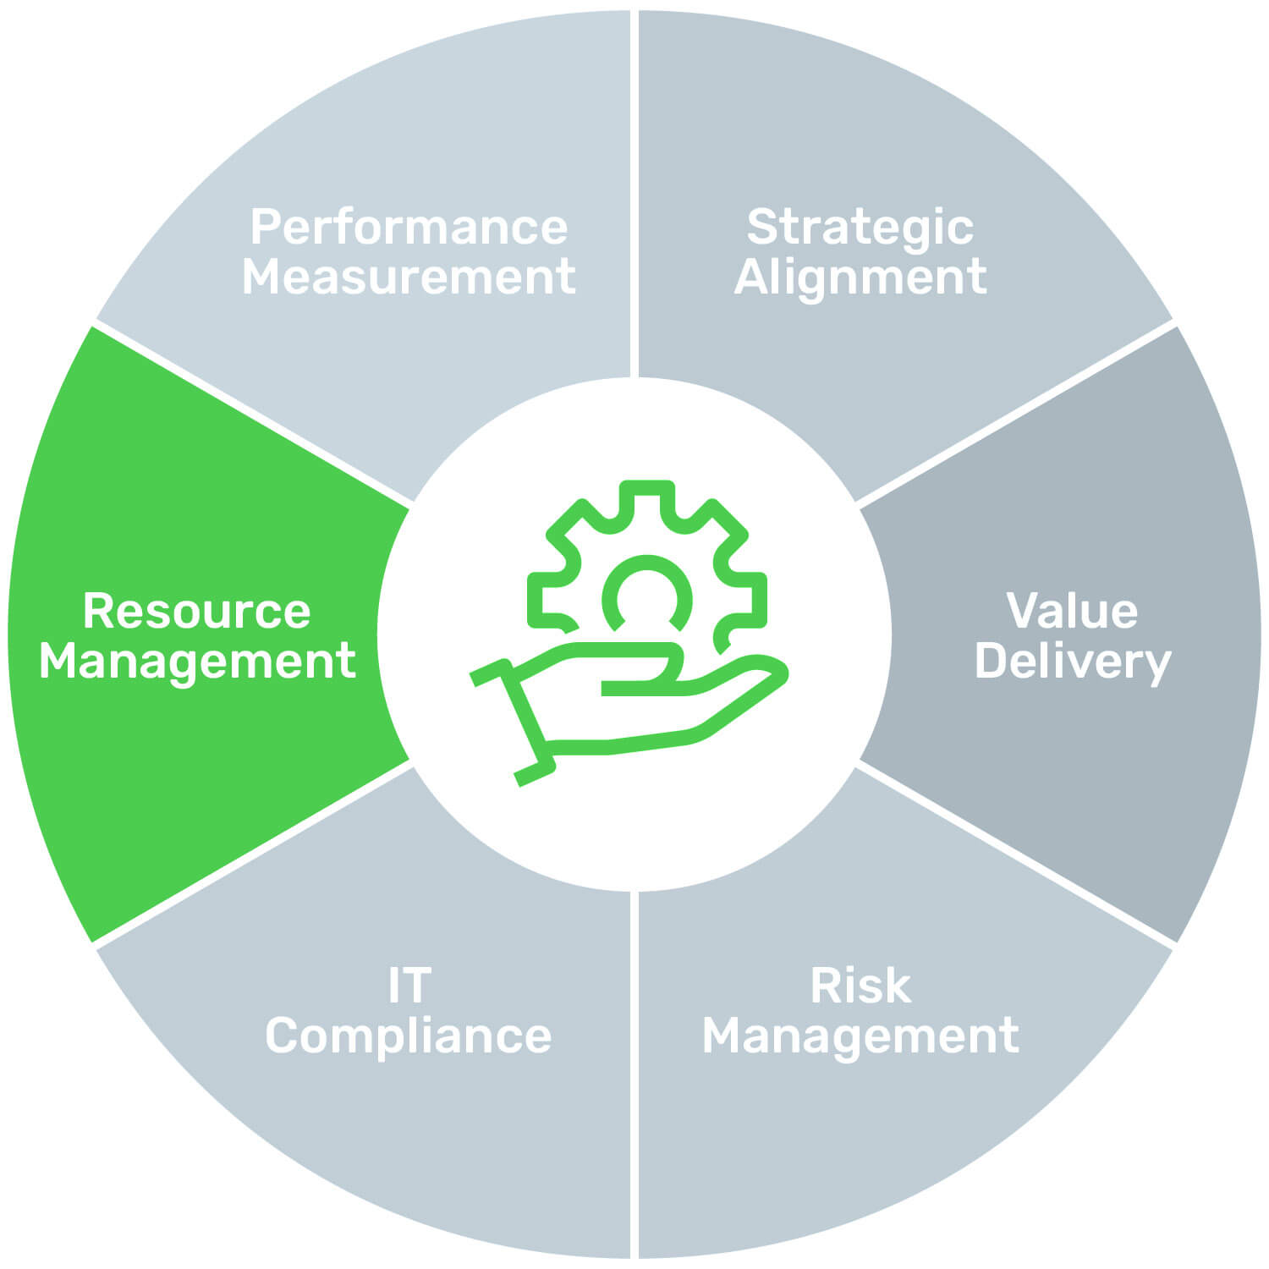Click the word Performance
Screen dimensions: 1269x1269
409,227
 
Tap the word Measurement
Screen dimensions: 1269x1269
409,277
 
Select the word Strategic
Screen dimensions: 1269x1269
860,227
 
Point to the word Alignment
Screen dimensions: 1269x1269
860,277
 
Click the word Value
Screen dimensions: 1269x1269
1072,610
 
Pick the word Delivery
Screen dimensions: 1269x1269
1072,661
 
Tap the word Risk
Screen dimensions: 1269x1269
860,986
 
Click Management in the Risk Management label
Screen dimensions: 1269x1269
860,1036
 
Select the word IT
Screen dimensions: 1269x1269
409,986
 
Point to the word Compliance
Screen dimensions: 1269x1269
409,1036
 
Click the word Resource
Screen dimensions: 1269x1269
197,610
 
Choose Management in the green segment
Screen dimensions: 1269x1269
197,661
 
